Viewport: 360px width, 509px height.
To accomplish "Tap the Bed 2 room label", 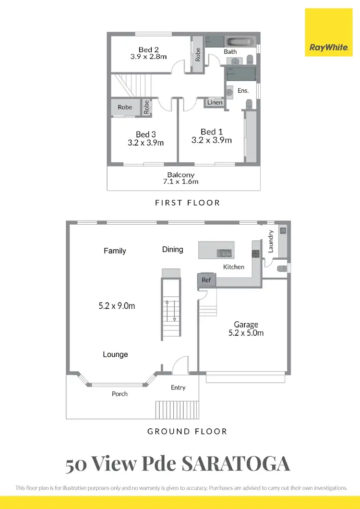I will (148, 49).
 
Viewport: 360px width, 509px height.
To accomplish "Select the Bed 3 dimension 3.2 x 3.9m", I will (146, 143).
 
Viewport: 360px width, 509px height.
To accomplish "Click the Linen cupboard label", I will (215, 102).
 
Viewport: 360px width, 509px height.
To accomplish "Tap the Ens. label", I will (243, 90).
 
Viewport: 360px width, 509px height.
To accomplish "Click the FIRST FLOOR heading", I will (187, 203).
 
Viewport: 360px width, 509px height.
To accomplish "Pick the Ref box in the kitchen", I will (206, 280).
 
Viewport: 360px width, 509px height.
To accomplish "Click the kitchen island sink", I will (224, 253).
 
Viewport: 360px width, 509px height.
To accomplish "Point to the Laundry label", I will (271, 241).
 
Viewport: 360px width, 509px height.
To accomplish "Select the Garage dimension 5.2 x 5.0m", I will (246, 333).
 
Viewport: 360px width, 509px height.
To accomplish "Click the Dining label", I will (172, 249).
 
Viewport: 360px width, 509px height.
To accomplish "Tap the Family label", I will (115, 251).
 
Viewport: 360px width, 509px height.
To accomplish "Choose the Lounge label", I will (115, 354).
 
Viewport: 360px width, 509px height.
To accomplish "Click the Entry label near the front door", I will (178, 388).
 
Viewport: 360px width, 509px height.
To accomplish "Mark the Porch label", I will (120, 394).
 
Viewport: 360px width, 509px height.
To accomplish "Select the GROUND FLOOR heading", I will (187, 431).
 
